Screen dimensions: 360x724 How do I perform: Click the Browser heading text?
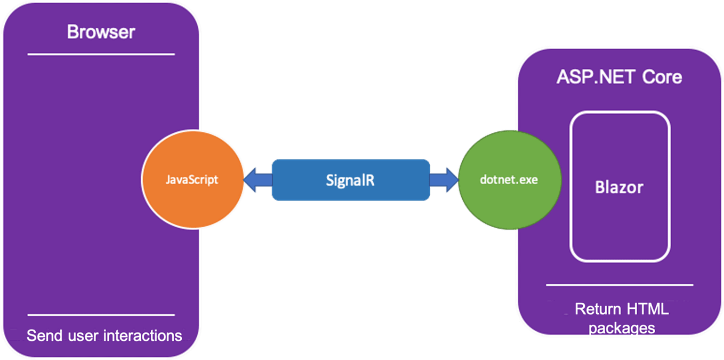coord(101,32)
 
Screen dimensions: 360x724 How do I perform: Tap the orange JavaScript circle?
coord(191,180)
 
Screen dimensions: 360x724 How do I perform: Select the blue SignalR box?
coord(350,180)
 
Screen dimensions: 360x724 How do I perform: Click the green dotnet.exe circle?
coord(509,180)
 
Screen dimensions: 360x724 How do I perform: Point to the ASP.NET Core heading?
coord(619,77)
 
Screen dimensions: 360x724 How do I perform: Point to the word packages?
coord(621,327)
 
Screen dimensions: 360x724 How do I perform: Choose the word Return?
coord(597,309)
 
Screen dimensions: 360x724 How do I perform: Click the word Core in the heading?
coord(662,77)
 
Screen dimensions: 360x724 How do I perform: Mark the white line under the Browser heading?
coord(101,54)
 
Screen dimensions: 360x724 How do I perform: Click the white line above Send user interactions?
coord(101,315)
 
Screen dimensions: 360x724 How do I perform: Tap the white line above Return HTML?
coord(620,285)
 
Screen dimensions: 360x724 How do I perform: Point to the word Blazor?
coord(619,188)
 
